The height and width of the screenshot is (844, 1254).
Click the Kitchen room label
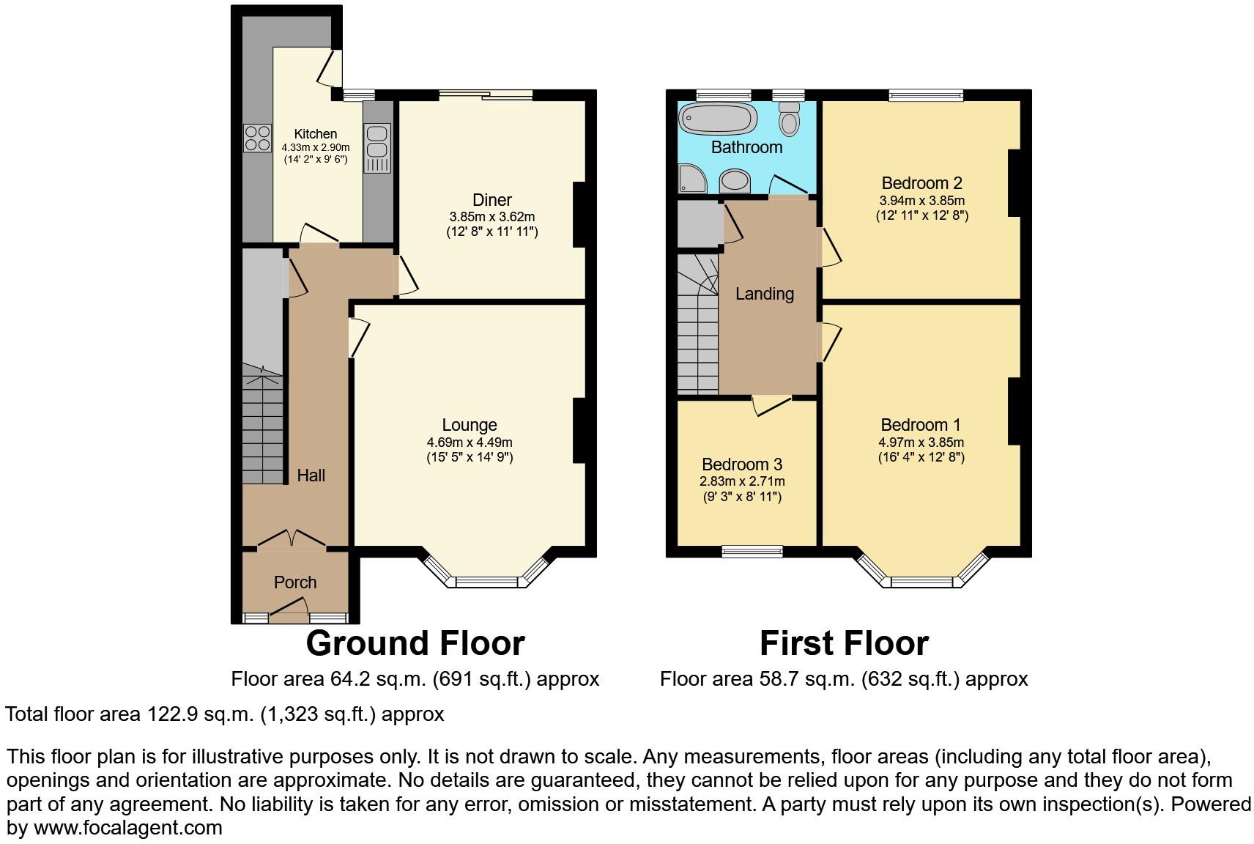316,134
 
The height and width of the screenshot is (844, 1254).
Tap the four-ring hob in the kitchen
258,138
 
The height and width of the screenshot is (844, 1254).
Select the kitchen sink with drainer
376,148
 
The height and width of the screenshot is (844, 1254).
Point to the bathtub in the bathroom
718,119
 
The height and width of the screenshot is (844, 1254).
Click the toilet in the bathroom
790,119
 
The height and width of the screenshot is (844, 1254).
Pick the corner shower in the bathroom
692,178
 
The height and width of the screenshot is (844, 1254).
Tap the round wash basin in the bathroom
735,181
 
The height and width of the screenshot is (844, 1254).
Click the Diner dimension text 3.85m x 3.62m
492,217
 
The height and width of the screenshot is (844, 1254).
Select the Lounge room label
470,425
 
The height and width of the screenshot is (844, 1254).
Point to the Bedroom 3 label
742,464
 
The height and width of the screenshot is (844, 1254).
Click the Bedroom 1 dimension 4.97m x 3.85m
921,443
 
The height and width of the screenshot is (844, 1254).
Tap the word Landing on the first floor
765,294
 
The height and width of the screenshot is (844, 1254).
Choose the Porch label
295,582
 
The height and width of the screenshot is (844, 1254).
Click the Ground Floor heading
415,643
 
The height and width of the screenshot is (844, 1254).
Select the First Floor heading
845,643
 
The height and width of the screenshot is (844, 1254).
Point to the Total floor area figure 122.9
171,714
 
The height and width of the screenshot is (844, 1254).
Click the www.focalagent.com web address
127,827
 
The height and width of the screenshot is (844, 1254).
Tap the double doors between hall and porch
292,538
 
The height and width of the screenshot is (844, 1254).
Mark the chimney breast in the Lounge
579,431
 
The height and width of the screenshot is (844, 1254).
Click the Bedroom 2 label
921,183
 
